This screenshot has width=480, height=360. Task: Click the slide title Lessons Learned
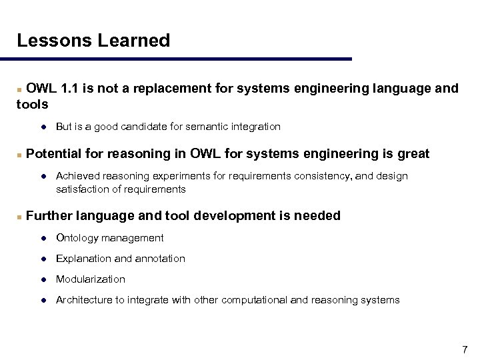93,41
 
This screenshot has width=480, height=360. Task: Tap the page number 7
465,349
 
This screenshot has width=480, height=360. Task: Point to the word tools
33,104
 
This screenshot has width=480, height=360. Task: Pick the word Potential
55,154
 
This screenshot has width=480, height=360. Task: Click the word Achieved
78,176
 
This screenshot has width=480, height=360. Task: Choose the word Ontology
76,238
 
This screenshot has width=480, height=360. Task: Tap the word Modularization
91,279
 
